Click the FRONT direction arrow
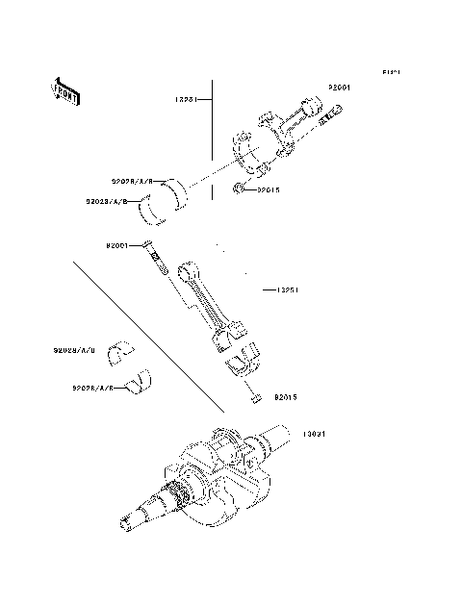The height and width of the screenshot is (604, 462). point(64,91)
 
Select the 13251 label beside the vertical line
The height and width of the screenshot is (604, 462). point(186,99)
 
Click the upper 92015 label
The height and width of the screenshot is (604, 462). point(269,189)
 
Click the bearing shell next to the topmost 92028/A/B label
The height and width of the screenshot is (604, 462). point(179,191)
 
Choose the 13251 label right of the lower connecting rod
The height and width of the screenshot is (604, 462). point(288,289)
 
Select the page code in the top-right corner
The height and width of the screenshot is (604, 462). point(390,72)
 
